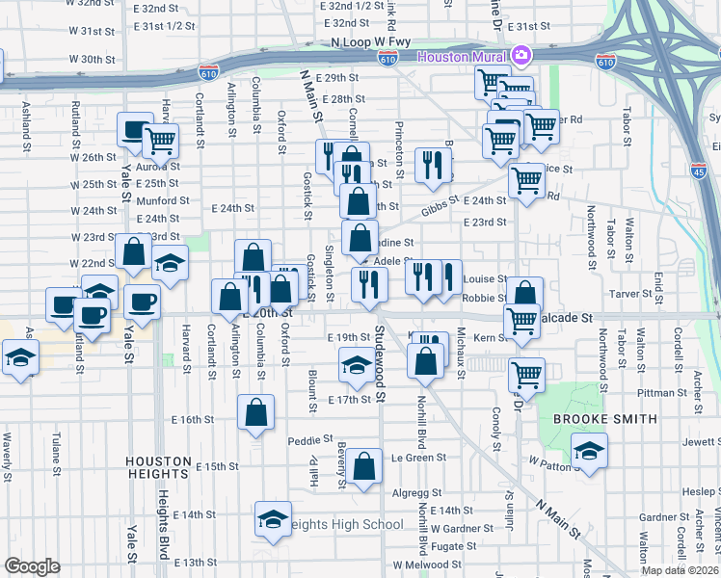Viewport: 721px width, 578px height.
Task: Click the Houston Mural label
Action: pyautogui.click(x=461, y=57)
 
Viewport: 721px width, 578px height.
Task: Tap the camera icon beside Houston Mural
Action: pyautogui.click(x=521, y=57)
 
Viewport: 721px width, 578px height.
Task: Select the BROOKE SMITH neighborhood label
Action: pyautogui.click(x=604, y=419)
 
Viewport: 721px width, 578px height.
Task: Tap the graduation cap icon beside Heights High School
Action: pyautogui.click(x=274, y=519)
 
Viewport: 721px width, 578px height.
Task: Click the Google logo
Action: pyautogui.click(x=32, y=566)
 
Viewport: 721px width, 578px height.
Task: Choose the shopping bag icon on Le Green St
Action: pyautogui.click(x=364, y=466)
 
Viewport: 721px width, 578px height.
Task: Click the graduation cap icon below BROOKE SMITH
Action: pyautogui.click(x=589, y=449)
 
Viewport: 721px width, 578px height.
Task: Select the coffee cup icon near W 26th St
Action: pyautogui.click(x=134, y=130)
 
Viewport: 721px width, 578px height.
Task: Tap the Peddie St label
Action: pyautogui.click(x=309, y=441)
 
